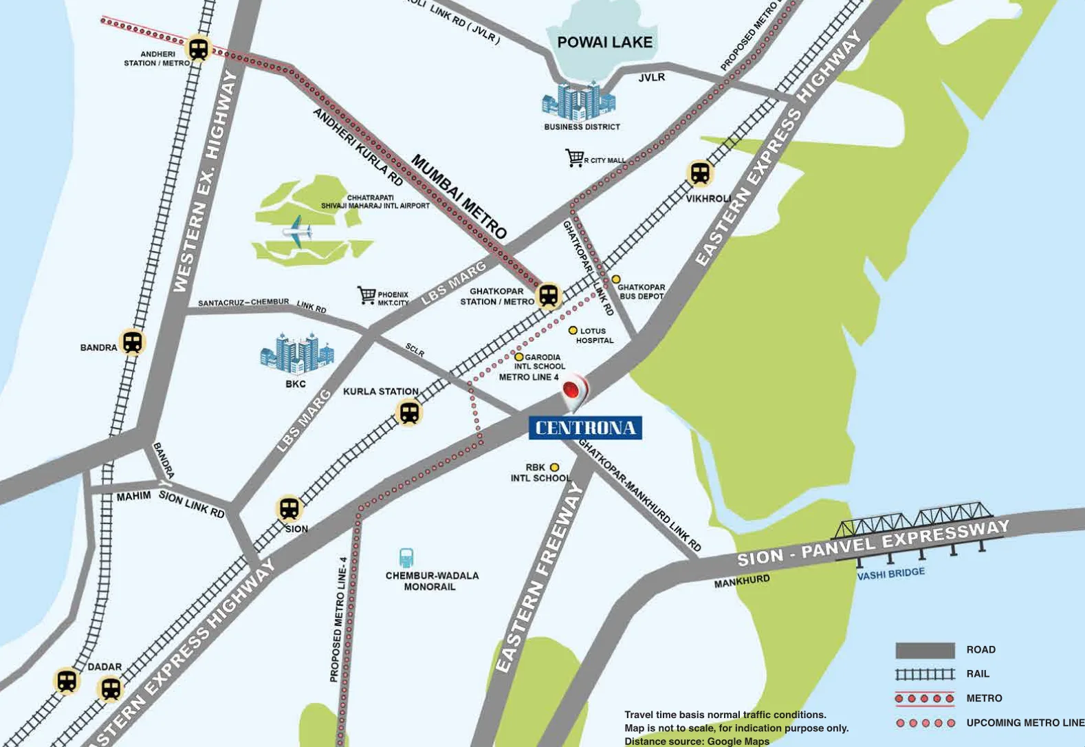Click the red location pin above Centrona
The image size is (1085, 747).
[x=574, y=391]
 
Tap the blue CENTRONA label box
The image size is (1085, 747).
[x=585, y=428]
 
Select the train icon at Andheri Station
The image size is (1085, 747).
[x=199, y=48]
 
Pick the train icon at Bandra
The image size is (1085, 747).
[x=132, y=342]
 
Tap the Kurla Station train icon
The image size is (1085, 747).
[x=410, y=413]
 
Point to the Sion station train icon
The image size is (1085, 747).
[x=289, y=508]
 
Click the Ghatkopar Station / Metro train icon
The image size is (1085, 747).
[x=548, y=296]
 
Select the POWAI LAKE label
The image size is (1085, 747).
[x=604, y=43]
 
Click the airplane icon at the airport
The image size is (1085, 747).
[x=296, y=228]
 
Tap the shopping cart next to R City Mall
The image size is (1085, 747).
[x=574, y=158]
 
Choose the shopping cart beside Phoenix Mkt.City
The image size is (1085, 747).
[x=366, y=295]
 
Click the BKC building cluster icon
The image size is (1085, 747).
[x=297, y=353]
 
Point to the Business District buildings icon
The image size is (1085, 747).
[x=579, y=102]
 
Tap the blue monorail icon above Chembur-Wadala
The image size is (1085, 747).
[x=406, y=558]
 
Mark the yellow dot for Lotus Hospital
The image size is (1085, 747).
[x=573, y=331]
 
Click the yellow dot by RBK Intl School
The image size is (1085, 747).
[x=554, y=467]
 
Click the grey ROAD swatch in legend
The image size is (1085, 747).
[x=925, y=650]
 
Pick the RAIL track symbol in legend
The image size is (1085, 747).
[x=925, y=674]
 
